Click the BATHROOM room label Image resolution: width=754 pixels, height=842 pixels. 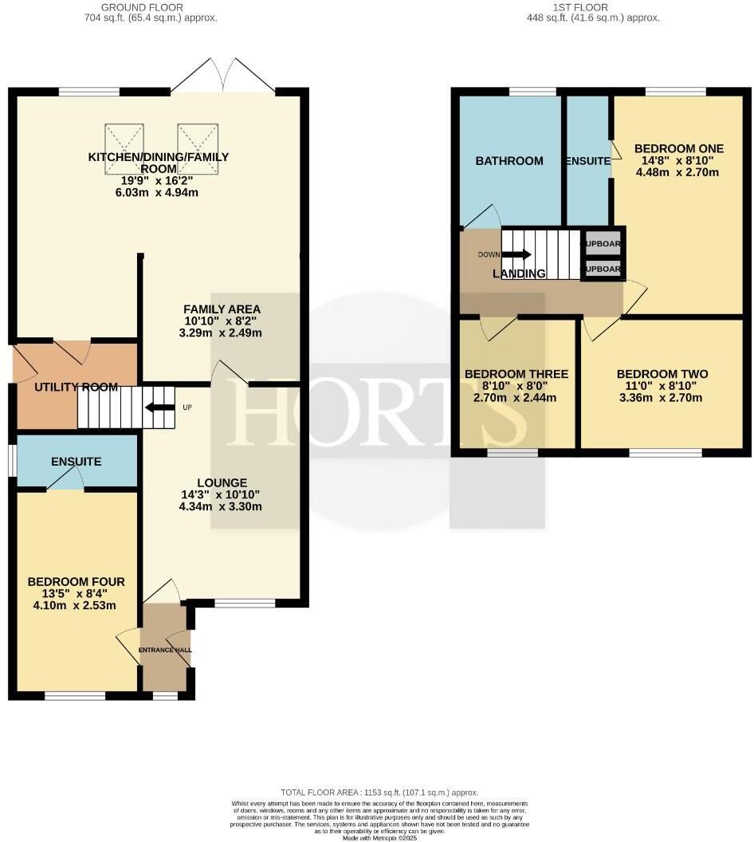(509, 161)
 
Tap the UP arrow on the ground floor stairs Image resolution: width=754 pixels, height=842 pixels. (159, 407)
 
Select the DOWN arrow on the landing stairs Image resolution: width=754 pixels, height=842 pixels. (516, 254)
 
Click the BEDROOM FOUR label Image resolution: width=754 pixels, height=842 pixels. (76, 582)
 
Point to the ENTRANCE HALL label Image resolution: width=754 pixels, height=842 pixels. (165, 651)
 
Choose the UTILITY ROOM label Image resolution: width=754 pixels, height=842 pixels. (76, 388)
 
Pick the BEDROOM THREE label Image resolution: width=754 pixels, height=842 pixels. (516, 374)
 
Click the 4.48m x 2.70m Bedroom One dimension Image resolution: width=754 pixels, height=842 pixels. (678, 171)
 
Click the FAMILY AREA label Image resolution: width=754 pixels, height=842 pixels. (221, 309)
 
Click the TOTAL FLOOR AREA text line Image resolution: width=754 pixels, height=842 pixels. (377, 793)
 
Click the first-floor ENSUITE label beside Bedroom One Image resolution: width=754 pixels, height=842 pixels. (587, 161)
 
